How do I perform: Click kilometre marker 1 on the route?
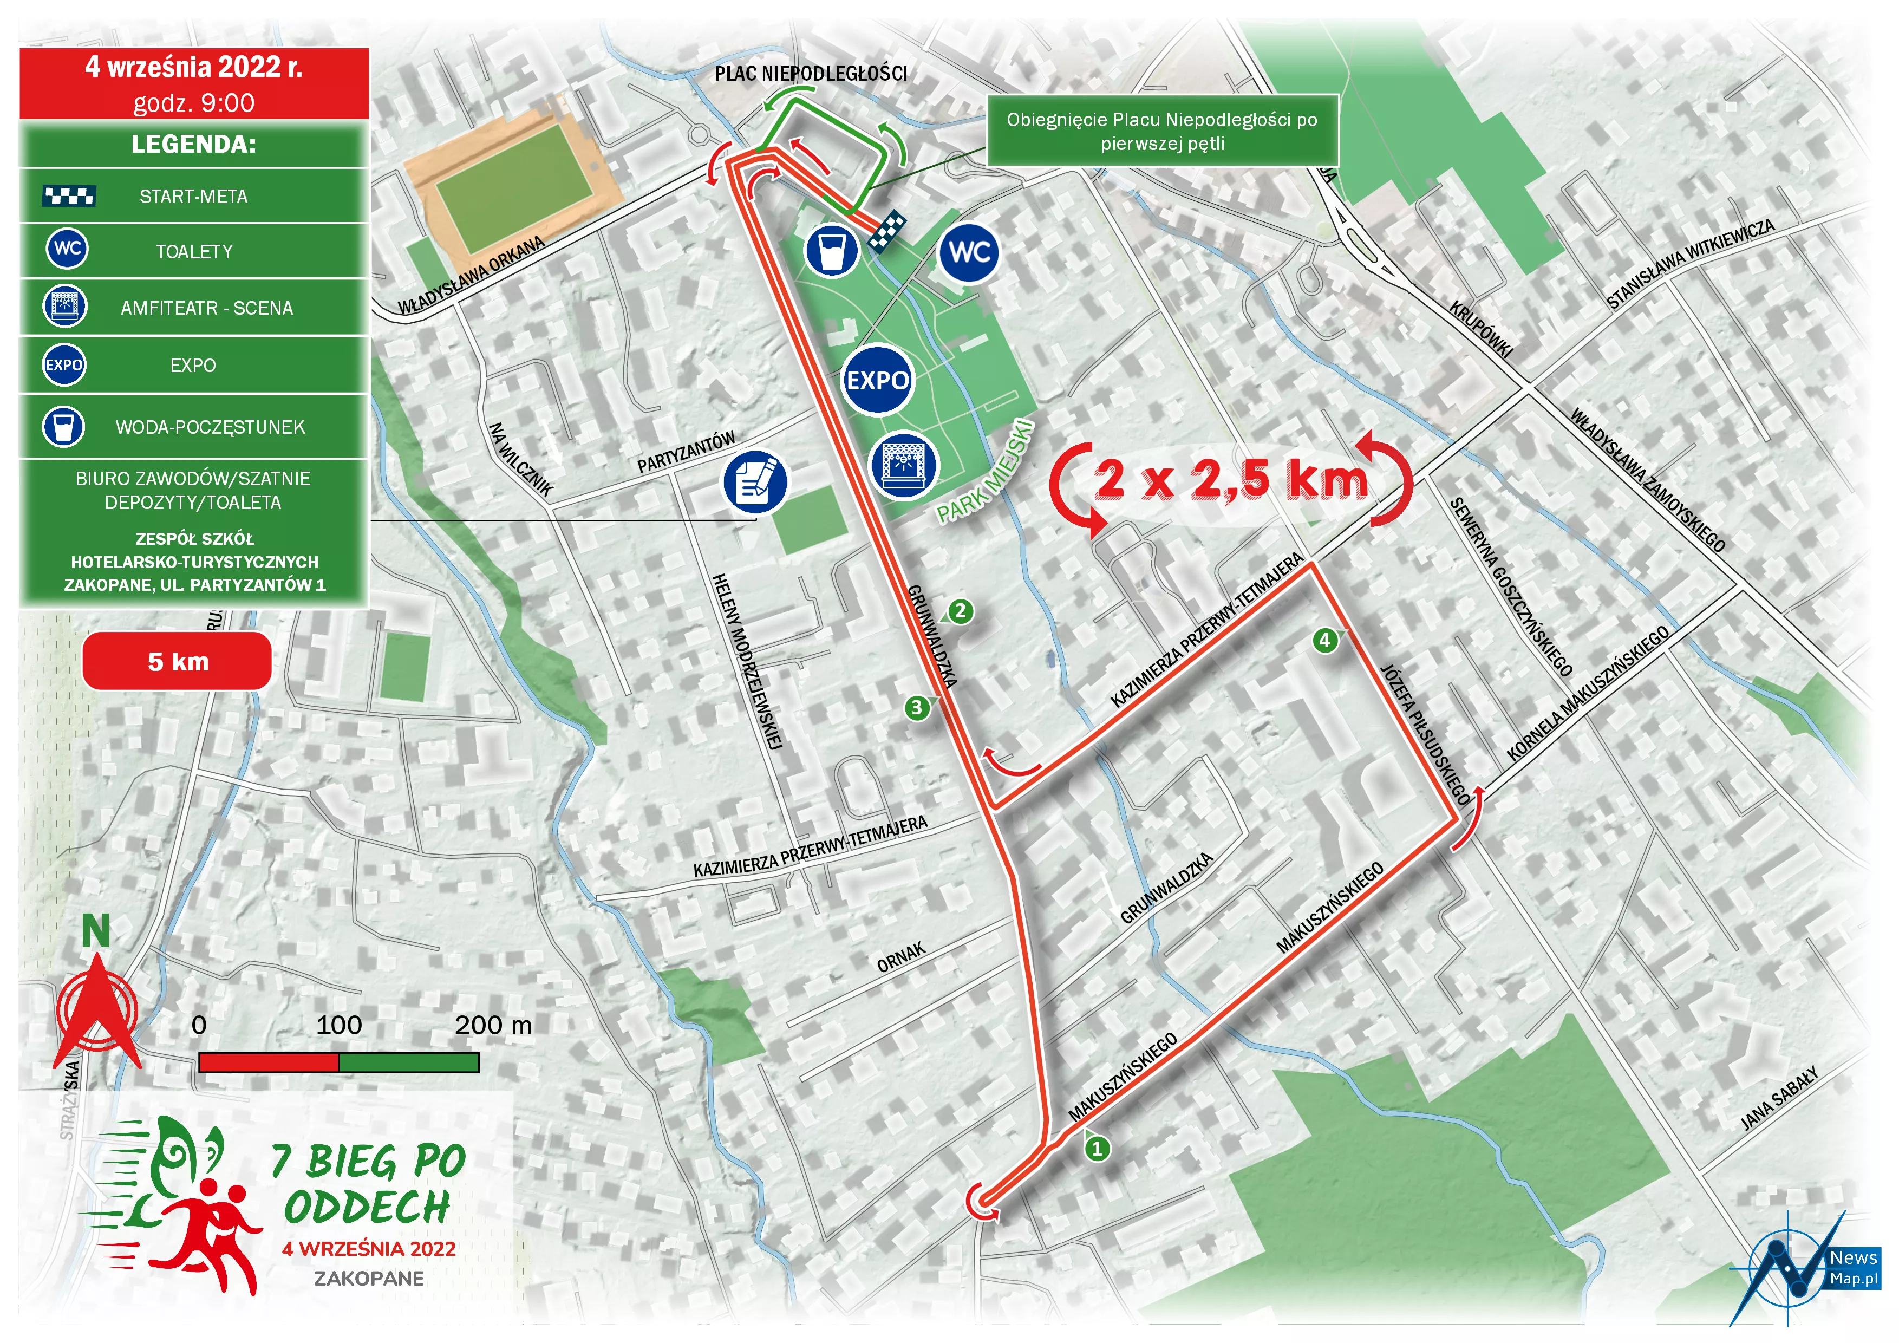[1097, 1148]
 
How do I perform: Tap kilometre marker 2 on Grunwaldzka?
[960, 612]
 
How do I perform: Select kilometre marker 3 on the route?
[916, 708]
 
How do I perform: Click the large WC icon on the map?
[969, 252]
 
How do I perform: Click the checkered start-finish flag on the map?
[886, 231]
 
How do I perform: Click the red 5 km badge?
[177, 662]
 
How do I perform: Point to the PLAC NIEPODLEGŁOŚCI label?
[811, 74]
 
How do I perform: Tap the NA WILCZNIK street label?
[520, 460]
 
